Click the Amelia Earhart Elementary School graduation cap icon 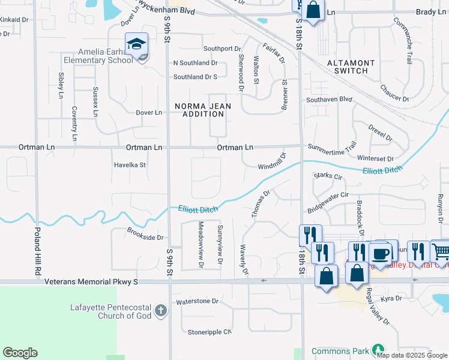(x=137, y=44)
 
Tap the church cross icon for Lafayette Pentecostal (x=160, y=310)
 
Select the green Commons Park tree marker (x=378, y=349)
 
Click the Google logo (x=20, y=353)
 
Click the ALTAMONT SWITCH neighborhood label (x=351, y=67)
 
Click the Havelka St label (x=130, y=164)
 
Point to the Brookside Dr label (x=146, y=234)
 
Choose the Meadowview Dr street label (x=200, y=244)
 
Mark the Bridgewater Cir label (x=328, y=203)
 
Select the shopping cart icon (x=441, y=251)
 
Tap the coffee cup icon (x=380, y=253)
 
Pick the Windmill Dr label (x=272, y=163)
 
